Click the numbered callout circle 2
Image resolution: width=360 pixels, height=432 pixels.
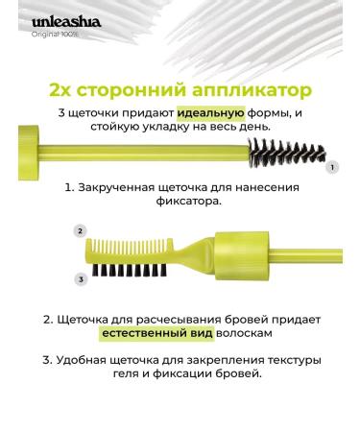point(80,231)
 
